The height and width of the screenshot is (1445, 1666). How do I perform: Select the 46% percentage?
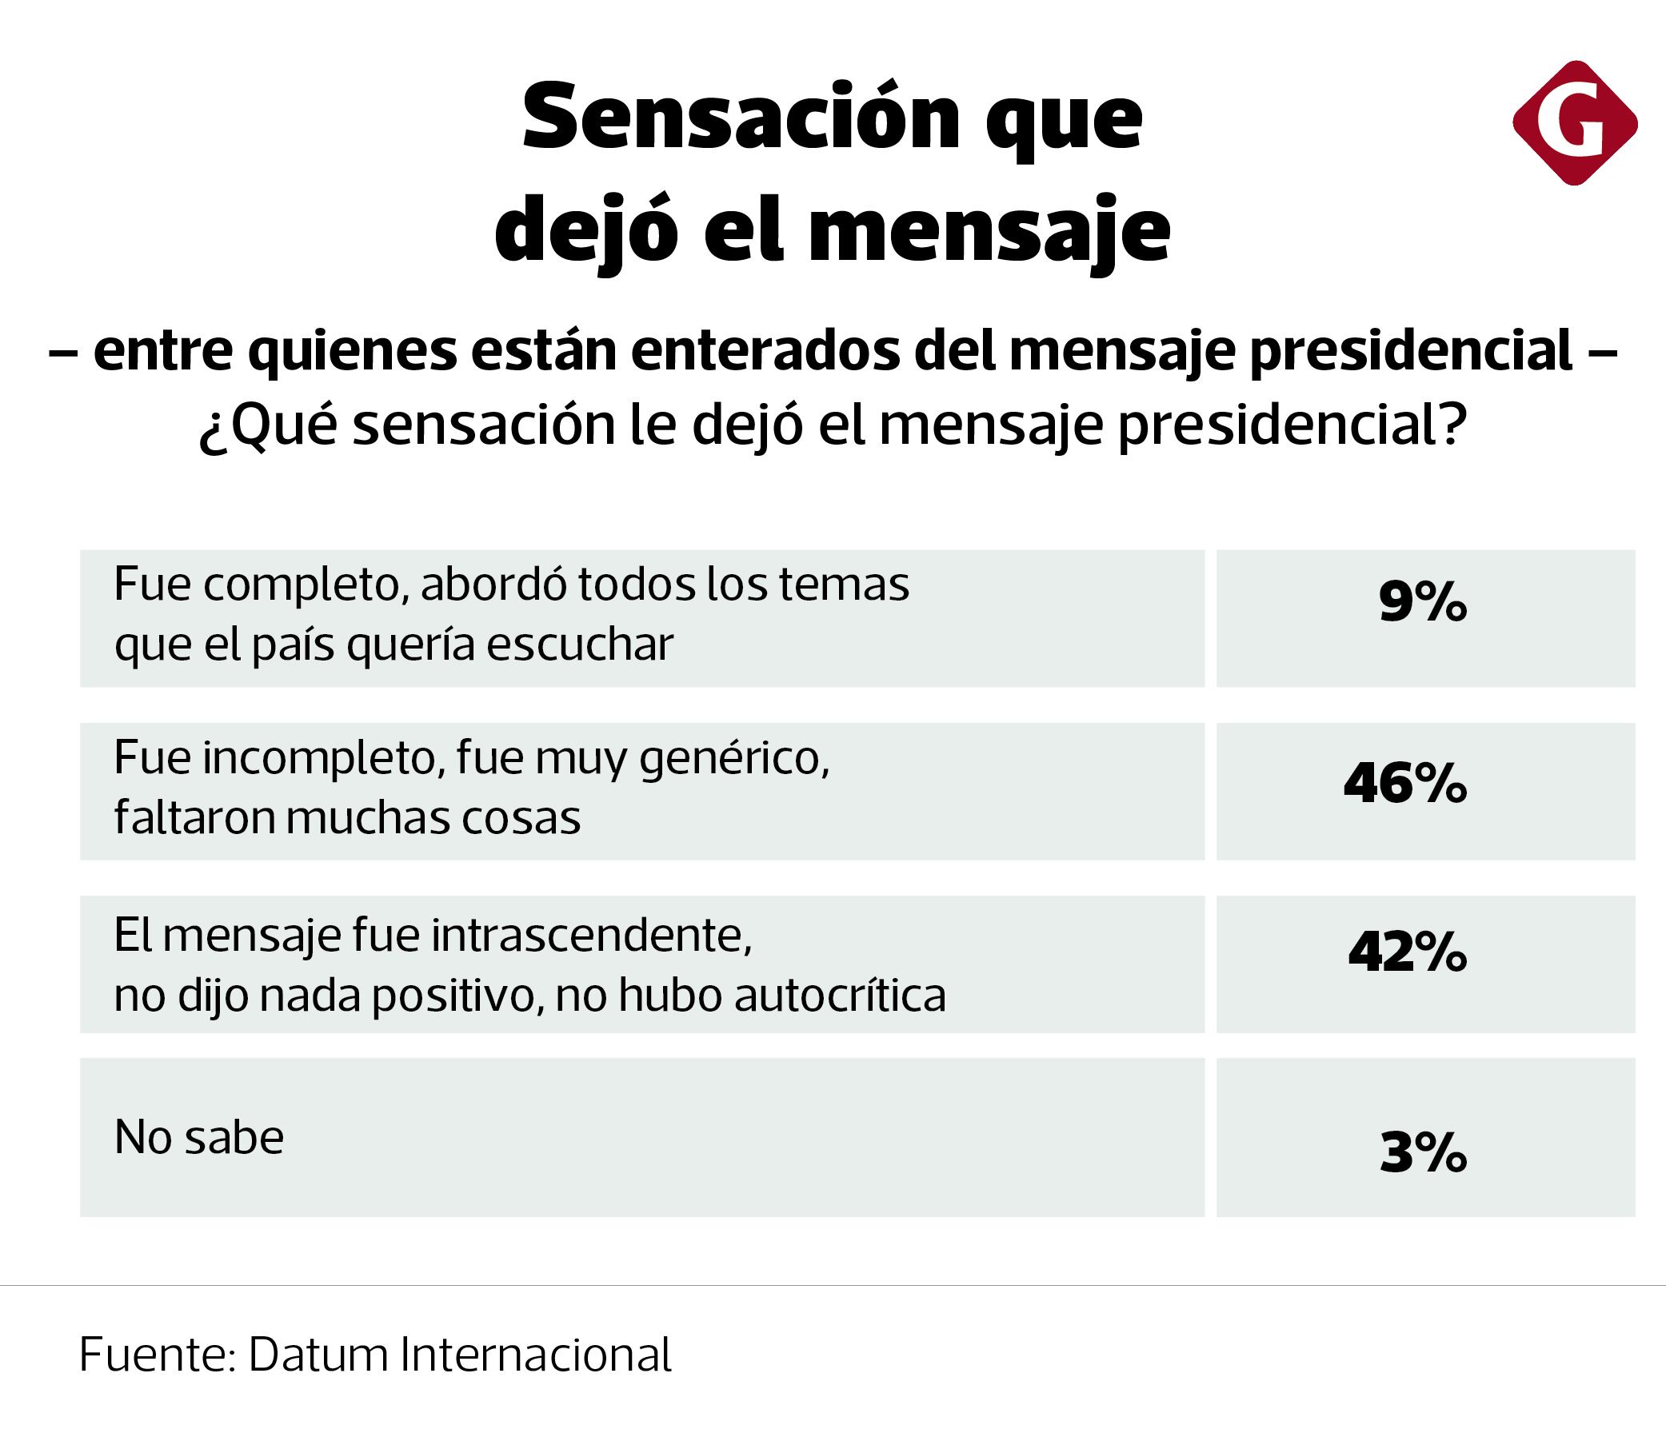[x=1405, y=784]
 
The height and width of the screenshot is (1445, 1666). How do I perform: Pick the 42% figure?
[x=1407, y=953]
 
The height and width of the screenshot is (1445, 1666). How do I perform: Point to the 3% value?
[x=1423, y=1153]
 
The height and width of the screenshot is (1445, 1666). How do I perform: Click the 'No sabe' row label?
[x=199, y=1138]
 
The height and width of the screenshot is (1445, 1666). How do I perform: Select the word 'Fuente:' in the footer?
[x=158, y=1355]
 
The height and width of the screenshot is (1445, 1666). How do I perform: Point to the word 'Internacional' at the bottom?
[x=536, y=1355]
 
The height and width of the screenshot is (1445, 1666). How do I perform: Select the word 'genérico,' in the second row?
[x=734, y=760]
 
